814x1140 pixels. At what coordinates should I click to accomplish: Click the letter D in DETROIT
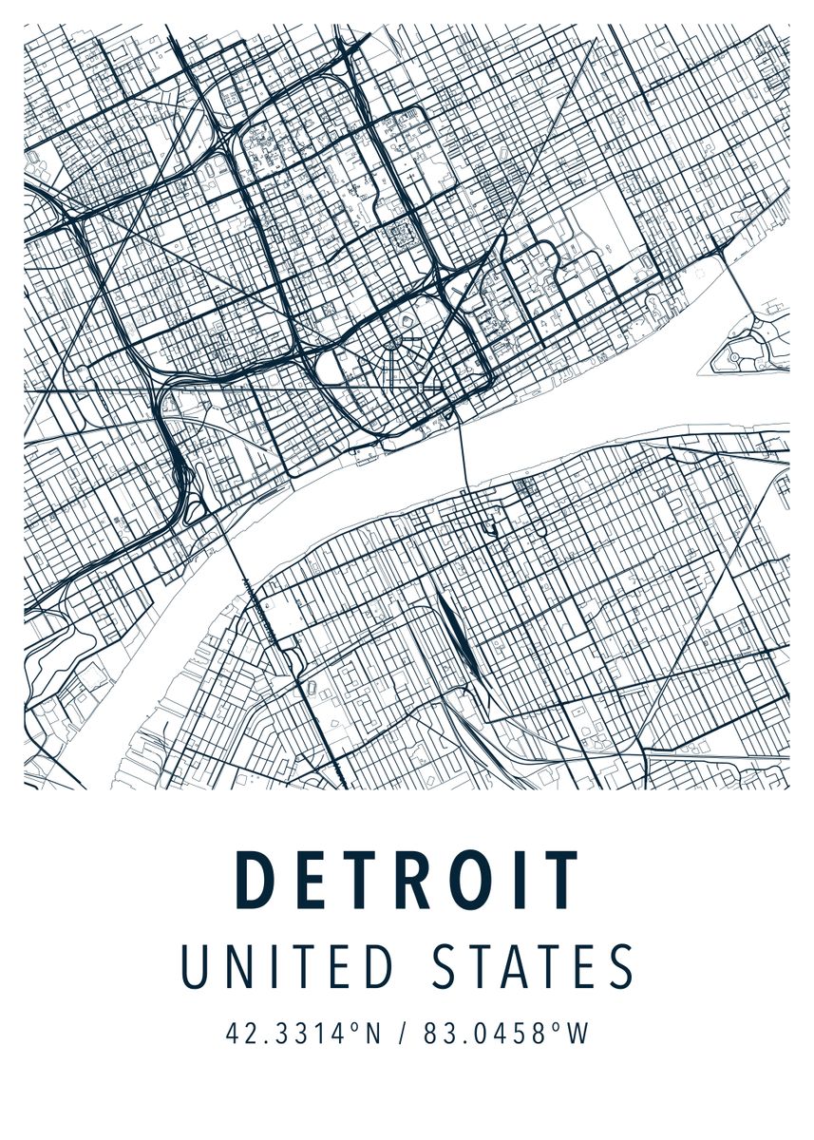[255, 881]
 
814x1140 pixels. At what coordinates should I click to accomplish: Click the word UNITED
[287, 967]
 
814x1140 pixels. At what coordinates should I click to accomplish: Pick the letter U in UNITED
[194, 967]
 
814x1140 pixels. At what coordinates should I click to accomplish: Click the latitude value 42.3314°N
[303, 1034]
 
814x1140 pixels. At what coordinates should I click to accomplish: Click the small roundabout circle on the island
[733, 355]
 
